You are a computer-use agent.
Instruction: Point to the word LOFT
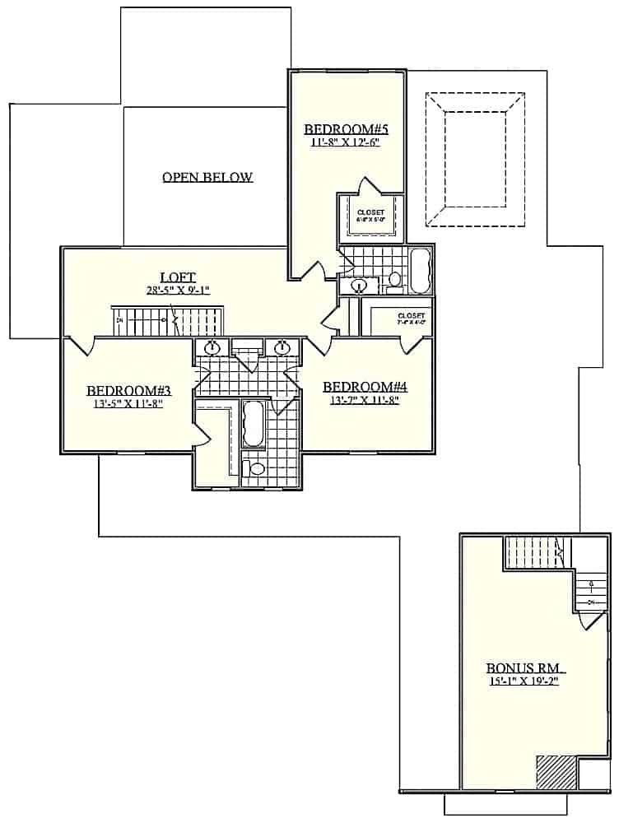(x=177, y=277)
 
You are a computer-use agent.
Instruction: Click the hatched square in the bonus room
(x=556, y=773)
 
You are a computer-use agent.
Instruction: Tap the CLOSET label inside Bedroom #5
(x=370, y=212)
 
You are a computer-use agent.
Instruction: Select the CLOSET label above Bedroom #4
(x=410, y=316)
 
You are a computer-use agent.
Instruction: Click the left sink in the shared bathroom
(x=212, y=347)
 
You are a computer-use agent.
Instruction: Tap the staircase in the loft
(x=169, y=320)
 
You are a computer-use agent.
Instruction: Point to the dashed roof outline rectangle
(x=475, y=158)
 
